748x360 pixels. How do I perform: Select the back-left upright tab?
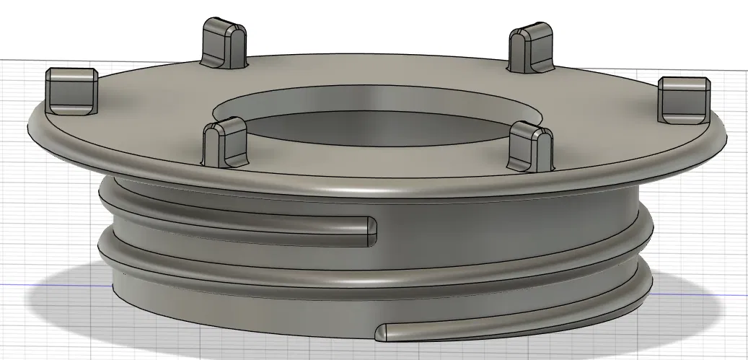click(224, 44)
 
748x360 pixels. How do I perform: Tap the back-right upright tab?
click(531, 50)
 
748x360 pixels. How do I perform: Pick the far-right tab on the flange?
click(683, 101)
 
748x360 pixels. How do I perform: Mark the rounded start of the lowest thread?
click(384, 332)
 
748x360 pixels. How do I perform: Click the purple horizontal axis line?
click(43, 284)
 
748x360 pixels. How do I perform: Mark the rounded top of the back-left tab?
click(224, 26)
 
